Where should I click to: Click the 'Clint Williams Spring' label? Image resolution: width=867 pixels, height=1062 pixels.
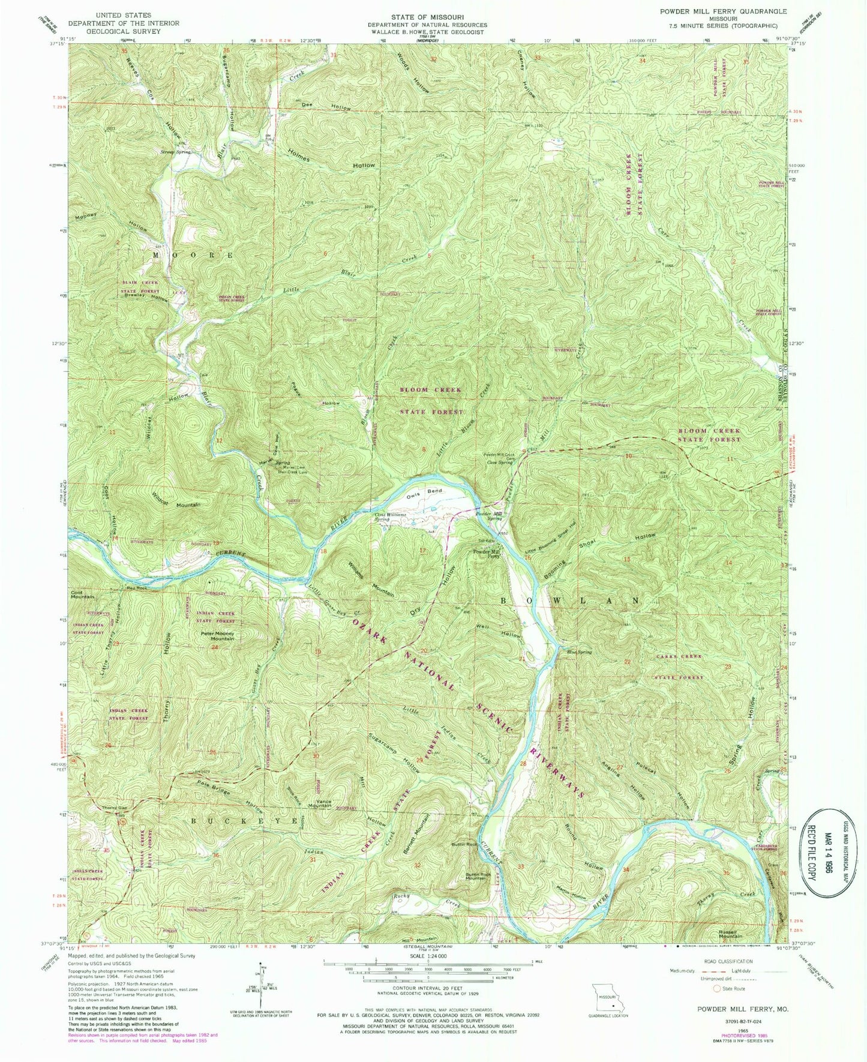click(391, 517)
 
